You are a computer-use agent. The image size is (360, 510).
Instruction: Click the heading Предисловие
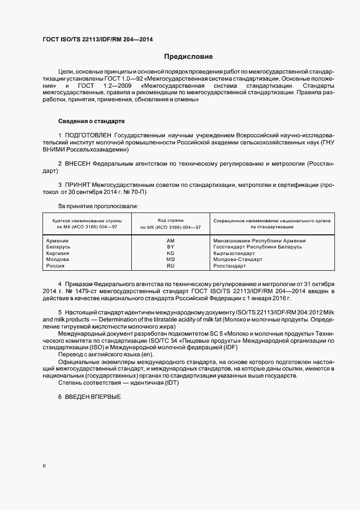[188, 57]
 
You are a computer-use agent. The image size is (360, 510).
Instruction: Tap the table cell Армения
[57, 240]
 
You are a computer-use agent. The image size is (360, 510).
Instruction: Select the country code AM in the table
[170, 240]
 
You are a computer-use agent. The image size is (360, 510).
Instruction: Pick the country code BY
[170, 247]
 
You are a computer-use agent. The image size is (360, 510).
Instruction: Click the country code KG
[170, 253]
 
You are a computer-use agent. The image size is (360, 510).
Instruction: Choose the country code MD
[170, 259]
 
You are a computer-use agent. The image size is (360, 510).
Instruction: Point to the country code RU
[170, 266]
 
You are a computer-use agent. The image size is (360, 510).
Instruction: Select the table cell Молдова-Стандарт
[237, 259]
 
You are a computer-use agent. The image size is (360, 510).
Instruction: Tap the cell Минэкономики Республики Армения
[259, 240]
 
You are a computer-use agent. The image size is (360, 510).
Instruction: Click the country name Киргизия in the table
[58, 253]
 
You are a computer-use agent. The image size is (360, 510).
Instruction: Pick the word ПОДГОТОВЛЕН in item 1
[88, 135]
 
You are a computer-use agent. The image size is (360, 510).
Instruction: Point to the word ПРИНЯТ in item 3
[77, 185]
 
